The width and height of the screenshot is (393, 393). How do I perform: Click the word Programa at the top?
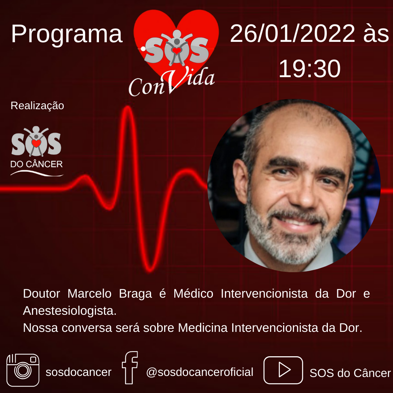click(x=67, y=34)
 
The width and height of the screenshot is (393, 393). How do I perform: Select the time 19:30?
click(x=310, y=68)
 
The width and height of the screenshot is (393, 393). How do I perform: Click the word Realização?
click(x=37, y=106)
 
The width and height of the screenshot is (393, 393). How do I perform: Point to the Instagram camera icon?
click(x=23, y=370)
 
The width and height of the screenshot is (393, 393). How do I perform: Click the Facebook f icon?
click(x=130, y=368)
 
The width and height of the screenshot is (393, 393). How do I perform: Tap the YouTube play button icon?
click(x=283, y=370)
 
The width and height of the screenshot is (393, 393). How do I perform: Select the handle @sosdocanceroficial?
click(x=200, y=372)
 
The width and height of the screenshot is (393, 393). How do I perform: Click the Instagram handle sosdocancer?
click(x=79, y=372)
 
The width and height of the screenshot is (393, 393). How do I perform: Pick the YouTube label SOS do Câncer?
click(x=350, y=373)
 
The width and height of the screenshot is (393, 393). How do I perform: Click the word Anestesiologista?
click(x=70, y=311)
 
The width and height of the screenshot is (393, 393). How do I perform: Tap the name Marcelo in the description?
click(x=90, y=294)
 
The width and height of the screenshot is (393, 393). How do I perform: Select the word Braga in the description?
click(x=135, y=294)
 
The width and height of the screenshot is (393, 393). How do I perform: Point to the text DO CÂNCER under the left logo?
click(x=37, y=164)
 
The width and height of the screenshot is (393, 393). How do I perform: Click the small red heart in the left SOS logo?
click(x=36, y=143)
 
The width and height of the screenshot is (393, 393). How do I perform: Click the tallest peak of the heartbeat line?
click(x=128, y=107)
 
